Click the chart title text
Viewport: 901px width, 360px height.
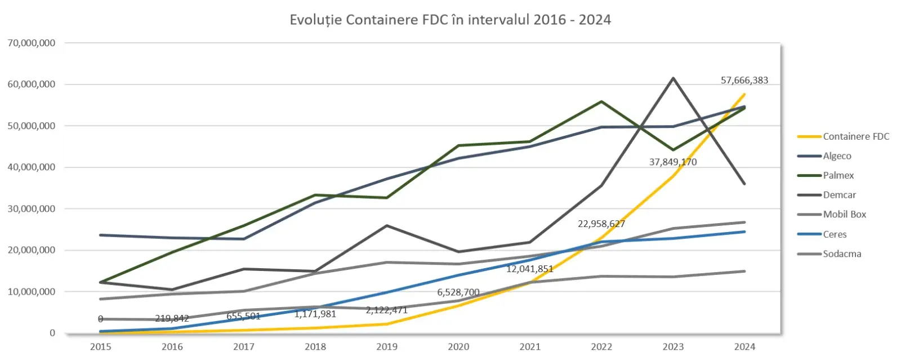coord(450,20)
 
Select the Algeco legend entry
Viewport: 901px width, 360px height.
coord(837,156)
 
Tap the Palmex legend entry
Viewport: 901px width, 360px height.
coord(838,175)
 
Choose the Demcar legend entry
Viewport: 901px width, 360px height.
coord(839,195)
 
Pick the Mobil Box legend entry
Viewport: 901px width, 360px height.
coord(844,214)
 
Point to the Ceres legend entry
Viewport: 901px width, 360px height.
coord(835,234)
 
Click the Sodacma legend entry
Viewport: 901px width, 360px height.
coord(842,254)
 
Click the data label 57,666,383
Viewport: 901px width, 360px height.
coord(744,80)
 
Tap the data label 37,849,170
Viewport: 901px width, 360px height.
coord(673,162)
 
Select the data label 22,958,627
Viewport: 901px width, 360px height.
coord(601,224)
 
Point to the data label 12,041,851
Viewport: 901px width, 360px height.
coord(529,269)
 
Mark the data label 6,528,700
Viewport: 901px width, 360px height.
coord(458,292)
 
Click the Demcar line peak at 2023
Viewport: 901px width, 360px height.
coord(673,78)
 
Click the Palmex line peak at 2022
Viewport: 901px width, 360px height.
coord(601,101)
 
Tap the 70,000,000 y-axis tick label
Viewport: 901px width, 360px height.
coord(32,43)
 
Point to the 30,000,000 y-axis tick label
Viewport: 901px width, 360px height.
coord(32,208)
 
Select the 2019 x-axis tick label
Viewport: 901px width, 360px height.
coord(386,346)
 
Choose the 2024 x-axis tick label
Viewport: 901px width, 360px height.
coord(744,346)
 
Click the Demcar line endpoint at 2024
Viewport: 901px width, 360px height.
coord(744,184)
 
